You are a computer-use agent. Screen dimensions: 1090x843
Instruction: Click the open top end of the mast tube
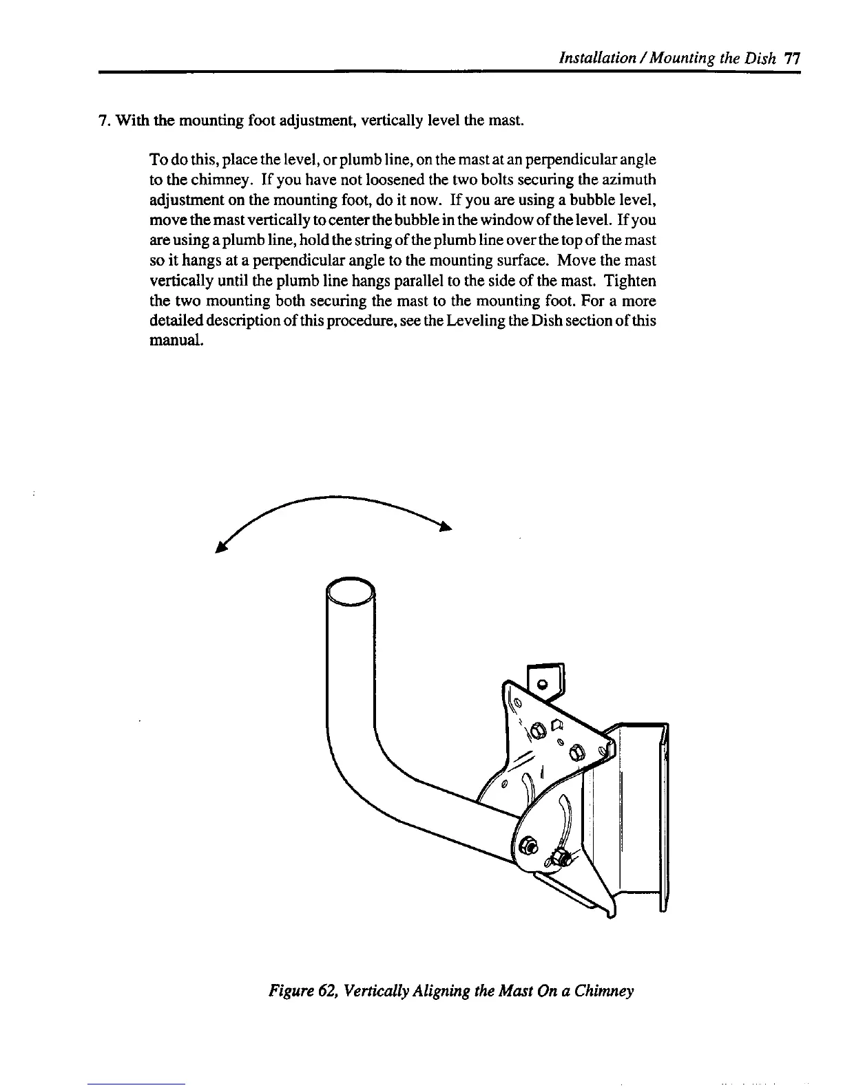coord(351,590)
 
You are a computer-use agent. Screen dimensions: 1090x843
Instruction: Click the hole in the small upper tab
coord(542,683)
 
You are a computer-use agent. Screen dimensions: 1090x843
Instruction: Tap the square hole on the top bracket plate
coord(557,724)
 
